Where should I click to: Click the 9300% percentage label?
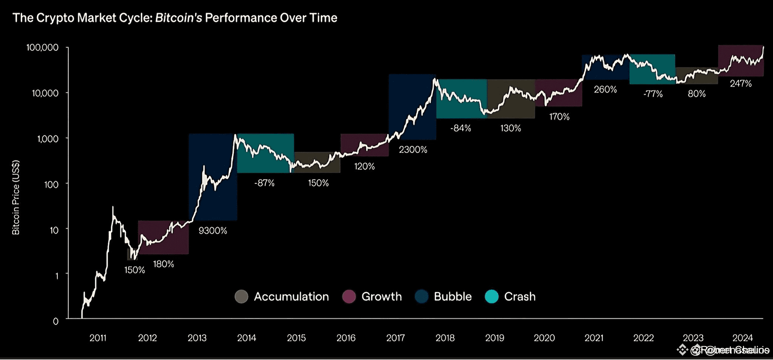(x=213, y=231)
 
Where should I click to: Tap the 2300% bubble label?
(x=413, y=150)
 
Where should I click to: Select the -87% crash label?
(x=264, y=183)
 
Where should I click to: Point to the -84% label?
(x=460, y=128)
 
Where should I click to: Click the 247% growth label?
(x=740, y=83)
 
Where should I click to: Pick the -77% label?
(x=653, y=94)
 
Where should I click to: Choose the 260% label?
(x=605, y=90)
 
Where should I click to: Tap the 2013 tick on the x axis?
(x=197, y=338)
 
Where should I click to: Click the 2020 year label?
(x=544, y=338)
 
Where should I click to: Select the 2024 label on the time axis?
(x=742, y=338)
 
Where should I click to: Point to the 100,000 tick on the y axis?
(x=42, y=47)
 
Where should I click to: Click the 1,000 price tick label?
(x=47, y=139)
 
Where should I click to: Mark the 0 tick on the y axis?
(x=56, y=321)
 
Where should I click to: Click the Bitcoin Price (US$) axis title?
(x=16, y=197)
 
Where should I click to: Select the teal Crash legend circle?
(x=491, y=297)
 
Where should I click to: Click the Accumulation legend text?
(x=291, y=297)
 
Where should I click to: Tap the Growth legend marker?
(x=349, y=297)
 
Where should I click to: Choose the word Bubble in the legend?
(x=453, y=297)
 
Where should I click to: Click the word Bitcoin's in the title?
(x=178, y=18)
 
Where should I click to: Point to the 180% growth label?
(x=163, y=264)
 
